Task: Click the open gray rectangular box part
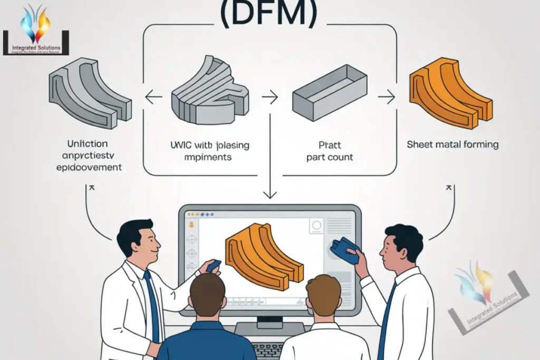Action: tap(330, 92)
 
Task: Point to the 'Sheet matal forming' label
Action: tap(452, 144)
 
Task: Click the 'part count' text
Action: tap(330, 157)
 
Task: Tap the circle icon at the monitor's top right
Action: tap(316, 225)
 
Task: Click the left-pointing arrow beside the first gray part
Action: tap(153, 97)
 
